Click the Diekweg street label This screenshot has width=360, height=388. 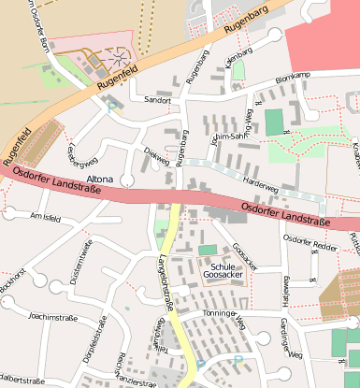(156, 158)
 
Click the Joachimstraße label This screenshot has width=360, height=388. (52, 317)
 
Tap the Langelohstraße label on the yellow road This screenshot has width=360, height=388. (165, 280)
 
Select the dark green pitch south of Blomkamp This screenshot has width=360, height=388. (273, 122)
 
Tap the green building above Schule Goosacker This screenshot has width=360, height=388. (207, 250)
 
